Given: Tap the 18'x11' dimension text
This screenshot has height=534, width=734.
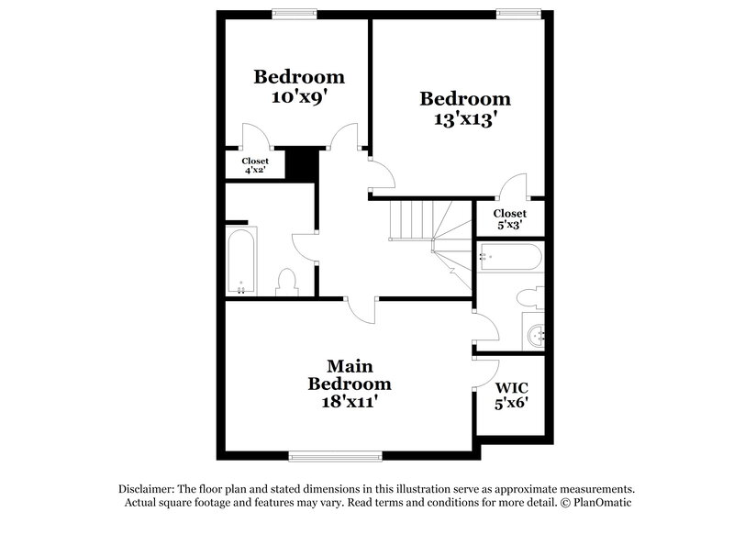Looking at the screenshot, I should (x=349, y=401).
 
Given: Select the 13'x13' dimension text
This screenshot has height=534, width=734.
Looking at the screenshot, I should (x=464, y=118).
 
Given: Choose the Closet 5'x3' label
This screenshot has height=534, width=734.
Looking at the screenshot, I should (x=509, y=218).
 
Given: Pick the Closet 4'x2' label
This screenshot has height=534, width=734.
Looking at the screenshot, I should (x=255, y=165).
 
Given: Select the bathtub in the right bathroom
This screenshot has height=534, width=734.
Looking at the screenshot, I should (x=510, y=256).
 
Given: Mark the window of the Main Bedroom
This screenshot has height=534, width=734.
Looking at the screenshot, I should (x=334, y=455).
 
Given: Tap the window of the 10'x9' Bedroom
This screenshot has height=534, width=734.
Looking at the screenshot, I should (x=295, y=13).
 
